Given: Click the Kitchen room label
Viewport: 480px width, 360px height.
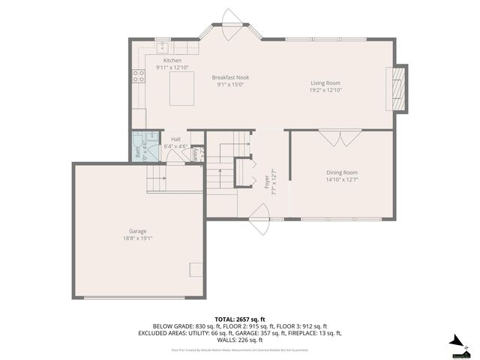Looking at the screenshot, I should click(x=172, y=60).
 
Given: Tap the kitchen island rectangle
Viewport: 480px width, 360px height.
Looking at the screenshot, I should click(x=181, y=91).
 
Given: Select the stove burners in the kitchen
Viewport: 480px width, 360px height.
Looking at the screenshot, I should click(x=139, y=75).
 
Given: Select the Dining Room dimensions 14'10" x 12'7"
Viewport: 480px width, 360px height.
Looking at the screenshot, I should click(x=341, y=179).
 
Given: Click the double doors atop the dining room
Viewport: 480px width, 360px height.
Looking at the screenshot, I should click(x=334, y=138).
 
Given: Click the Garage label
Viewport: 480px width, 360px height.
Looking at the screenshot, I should click(x=137, y=231).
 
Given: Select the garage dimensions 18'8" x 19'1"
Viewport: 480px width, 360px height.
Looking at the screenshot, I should click(x=137, y=238).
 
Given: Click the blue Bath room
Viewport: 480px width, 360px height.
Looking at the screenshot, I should click(x=140, y=147).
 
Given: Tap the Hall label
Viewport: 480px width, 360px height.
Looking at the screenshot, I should click(x=175, y=139).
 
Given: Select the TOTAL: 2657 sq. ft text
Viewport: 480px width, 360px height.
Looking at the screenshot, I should click(x=240, y=319).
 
